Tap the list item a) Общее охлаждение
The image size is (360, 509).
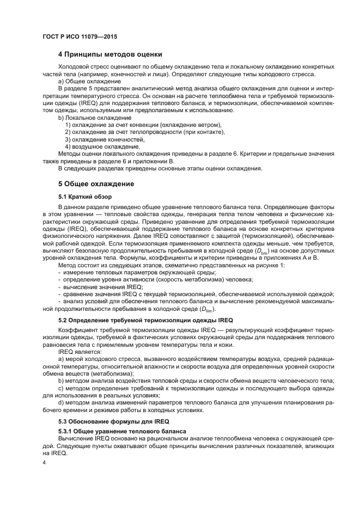click(89, 81)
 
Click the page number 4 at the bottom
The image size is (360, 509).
click(44, 463)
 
